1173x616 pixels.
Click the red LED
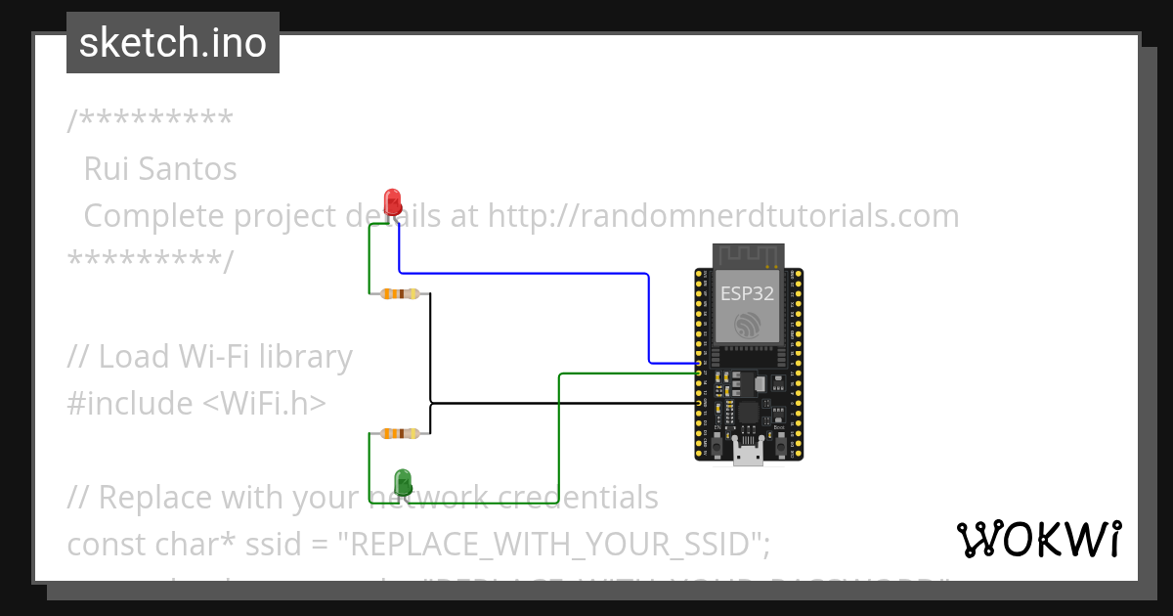pyautogui.click(x=393, y=201)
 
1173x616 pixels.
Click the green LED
pyautogui.click(x=402, y=481)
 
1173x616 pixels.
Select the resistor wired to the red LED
pyautogui.click(x=400, y=293)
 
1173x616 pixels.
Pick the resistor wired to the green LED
pyautogui.click(x=400, y=432)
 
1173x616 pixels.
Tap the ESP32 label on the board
pyautogui.click(x=747, y=292)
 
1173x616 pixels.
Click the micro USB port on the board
pyautogui.click(x=749, y=451)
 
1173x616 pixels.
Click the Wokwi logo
pyautogui.click(x=1039, y=539)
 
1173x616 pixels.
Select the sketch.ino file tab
pyautogui.click(x=173, y=43)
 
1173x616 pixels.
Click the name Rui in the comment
pyautogui.click(x=105, y=169)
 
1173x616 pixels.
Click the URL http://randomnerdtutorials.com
pyautogui.click(x=722, y=215)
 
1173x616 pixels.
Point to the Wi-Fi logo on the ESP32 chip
pyautogui.click(x=748, y=326)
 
